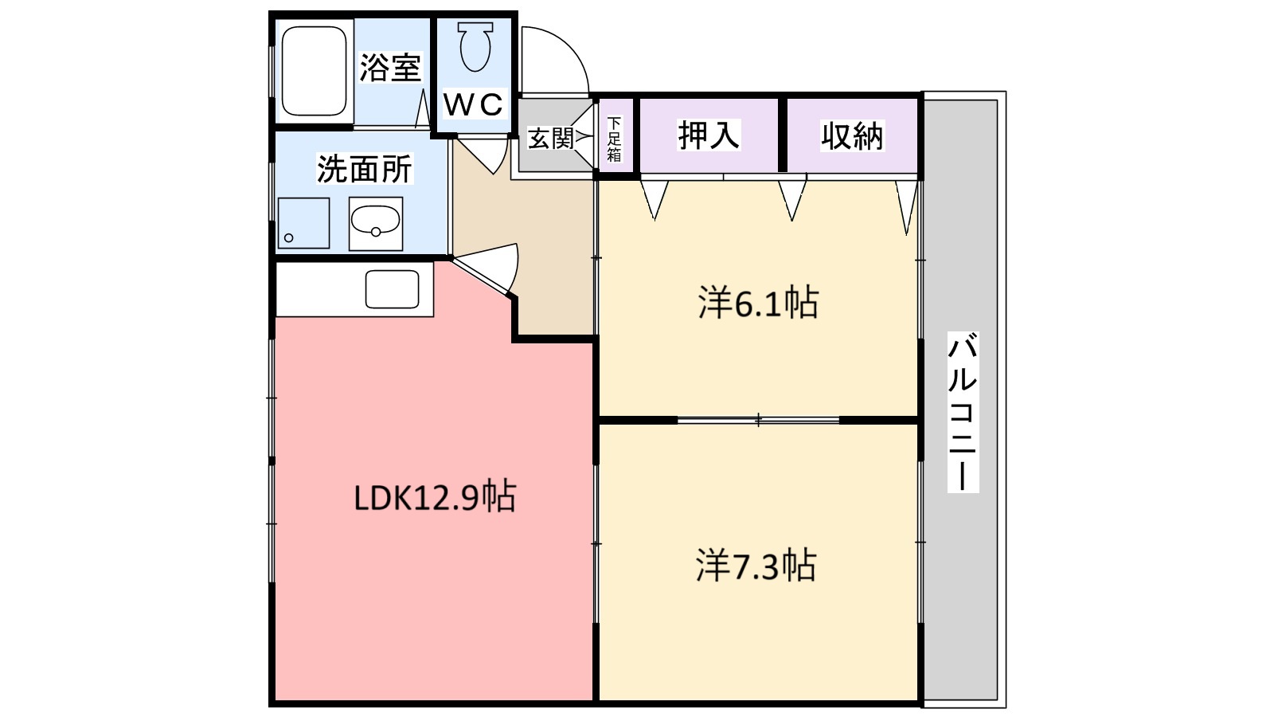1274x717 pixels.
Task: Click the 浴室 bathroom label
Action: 389,68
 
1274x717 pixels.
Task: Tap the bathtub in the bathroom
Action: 314,71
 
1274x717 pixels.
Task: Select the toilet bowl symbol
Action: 475,46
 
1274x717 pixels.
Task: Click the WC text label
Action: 473,104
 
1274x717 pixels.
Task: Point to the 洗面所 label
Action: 365,169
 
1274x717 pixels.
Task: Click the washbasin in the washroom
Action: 375,223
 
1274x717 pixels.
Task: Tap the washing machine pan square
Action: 303,223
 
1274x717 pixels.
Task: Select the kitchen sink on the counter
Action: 392,289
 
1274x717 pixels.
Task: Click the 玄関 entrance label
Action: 551,139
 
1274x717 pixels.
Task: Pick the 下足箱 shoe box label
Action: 614,139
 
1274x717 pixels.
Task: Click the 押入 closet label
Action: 709,135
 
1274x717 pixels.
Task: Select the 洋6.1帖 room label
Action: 758,304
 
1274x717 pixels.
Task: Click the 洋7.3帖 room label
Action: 756,566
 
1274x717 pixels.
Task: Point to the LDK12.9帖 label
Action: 435,497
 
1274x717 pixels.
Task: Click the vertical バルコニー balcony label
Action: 963,413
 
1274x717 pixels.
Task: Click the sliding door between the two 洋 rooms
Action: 758,419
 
